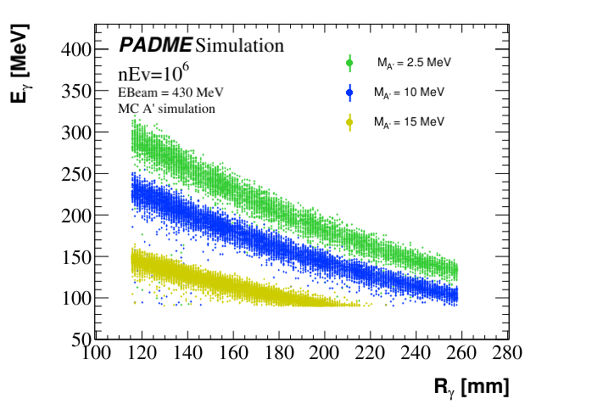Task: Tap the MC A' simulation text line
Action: point(166,109)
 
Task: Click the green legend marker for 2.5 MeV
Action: point(349,62)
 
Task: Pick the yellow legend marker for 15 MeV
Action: point(349,122)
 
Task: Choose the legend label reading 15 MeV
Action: point(409,122)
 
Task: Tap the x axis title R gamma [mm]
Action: point(472,387)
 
